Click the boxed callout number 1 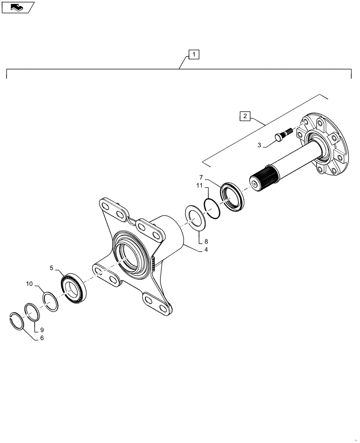click(194, 54)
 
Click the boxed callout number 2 click(245, 117)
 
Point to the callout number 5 click(51, 268)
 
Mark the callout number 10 click(29, 283)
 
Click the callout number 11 click(200, 186)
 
